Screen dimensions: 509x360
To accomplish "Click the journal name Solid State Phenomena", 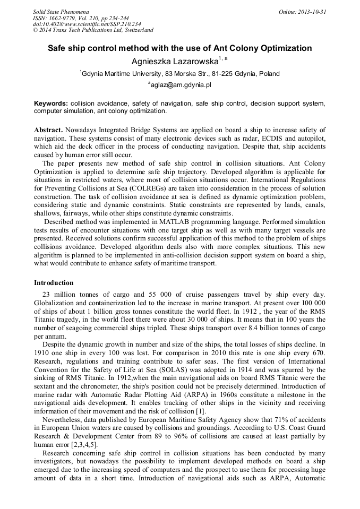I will pos(61,11).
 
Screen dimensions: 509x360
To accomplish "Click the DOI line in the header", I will pos(87,24).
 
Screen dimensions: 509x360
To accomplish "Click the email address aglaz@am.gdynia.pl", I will pos(179,84).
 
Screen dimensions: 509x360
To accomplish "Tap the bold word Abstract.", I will pos(48,130).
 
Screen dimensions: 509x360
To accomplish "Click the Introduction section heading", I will pos(54,283).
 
